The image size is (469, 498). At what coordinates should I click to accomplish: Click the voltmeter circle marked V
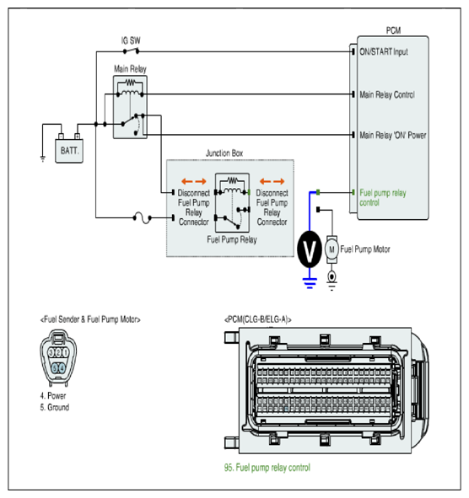point(310,249)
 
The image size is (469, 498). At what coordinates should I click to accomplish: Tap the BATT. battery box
point(69,151)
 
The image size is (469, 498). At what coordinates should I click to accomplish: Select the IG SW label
point(131,40)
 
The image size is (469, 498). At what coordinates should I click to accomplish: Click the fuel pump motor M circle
point(332,249)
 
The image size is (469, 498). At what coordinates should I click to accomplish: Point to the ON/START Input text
point(384,51)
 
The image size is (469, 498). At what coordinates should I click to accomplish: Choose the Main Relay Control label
point(387,94)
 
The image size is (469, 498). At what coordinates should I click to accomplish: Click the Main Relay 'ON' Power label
point(393,136)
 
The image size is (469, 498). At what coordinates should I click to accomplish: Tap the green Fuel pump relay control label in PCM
point(383,197)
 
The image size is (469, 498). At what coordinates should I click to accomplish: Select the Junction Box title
point(224,153)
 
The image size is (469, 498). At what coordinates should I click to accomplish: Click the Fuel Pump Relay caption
point(232,239)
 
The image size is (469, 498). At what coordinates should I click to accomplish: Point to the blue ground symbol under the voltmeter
point(310,283)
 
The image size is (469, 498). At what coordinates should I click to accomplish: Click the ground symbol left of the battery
point(43,158)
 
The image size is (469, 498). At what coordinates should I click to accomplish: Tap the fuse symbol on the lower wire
point(142,218)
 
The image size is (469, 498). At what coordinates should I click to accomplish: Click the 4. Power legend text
point(53,396)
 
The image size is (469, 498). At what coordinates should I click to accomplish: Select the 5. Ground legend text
point(54,407)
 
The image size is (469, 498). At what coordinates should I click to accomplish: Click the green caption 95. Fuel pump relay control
point(267,468)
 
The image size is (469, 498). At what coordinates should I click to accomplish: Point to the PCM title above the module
point(393,30)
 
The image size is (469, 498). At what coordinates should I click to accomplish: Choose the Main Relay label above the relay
point(130,69)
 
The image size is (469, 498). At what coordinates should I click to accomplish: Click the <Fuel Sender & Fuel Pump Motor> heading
point(90,319)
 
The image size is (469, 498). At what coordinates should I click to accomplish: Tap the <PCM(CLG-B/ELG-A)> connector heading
point(258,319)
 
